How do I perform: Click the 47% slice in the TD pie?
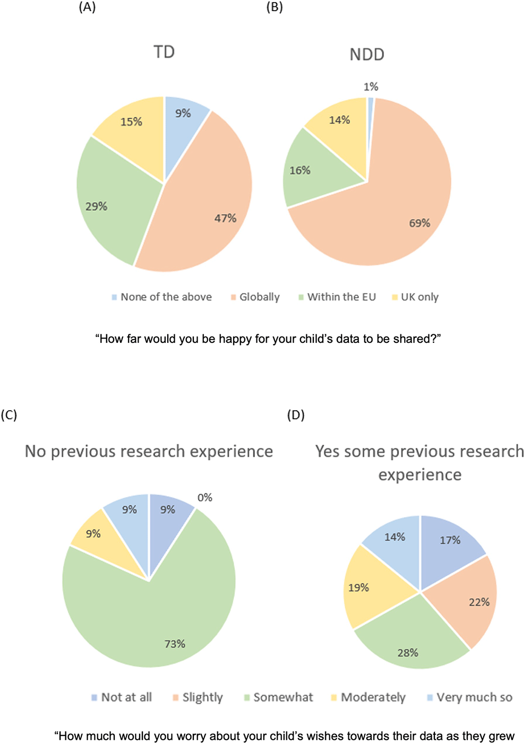(x=206, y=206)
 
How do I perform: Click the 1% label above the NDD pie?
(x=371, y=87)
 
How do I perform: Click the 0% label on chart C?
(x=204, y=498)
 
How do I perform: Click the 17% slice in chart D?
(x=449, y=544)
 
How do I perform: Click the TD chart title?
(x=164, y=52)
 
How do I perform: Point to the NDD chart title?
(x=367, y=55)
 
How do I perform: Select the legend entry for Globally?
(x=255, y=297)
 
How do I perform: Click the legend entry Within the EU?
(x=337, y=297)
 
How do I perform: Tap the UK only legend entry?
(x=415, y=297)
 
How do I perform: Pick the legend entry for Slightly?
(x=198, y=697)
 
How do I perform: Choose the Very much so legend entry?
(x=470, y=697)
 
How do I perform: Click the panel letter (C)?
(x=9, y=415)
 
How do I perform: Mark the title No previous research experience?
(x=149, y=452)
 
